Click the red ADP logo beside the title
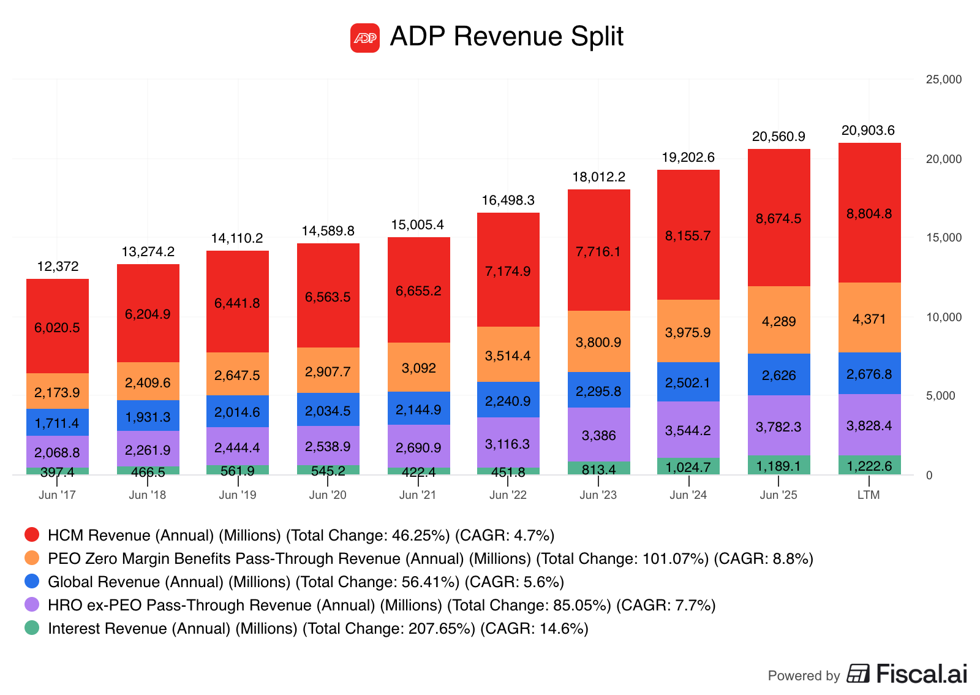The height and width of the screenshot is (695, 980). pyautogui.click(x=365, y=38)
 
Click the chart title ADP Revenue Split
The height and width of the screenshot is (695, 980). pyautogui.click(x=507, y=37)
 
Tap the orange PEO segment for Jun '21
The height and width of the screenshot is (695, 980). pyautogui.click(x=419, y=367)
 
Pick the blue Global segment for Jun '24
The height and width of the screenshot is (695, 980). pyautogui.click(x=688, y=382)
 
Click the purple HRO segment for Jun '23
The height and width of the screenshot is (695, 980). pyautogui.click(x=598, y=435)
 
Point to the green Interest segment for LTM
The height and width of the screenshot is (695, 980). pyautogui.click(x=869, y=465)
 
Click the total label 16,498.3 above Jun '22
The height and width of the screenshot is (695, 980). pyautogui.click(x=508, y=200)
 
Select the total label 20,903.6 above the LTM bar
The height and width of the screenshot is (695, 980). pyautogui.click(x=868, y=131)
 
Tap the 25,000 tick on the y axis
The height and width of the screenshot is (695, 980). pyautogui.click(x=944, y=80)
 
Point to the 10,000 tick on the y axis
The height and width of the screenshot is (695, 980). pyautogui.click(x=944, y=317)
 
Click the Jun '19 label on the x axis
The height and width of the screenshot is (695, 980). pyautogui.click(x=238, y=495)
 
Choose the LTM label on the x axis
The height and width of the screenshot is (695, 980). pyautogui.click(x=869, y=495)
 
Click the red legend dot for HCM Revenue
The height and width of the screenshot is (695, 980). pyautogui.click(x=32, y=534)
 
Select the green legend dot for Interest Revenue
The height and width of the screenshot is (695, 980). pyautogui.click(x=32, y=628)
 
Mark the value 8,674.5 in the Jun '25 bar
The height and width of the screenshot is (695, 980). pyautogui.click(x=778, y=219)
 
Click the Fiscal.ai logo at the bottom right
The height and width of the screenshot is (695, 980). pyautogui.click(x=907, y=674)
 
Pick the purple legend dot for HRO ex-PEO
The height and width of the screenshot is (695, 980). pyautogui.click(x=32, y=604)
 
